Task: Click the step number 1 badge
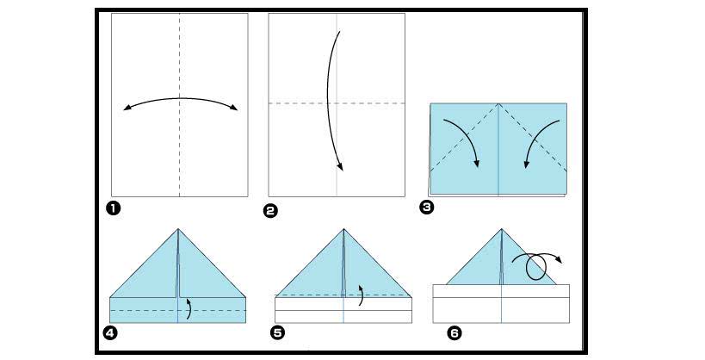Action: pyautogui.click(x=114, y=208)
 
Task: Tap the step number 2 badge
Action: pyautogui.click(x=270, y=211)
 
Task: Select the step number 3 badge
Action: pyautogui.click(x=426, y=208)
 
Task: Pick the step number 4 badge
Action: pyautogui.click(x=109, y=333)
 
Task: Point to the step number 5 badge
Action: pyautogui.click(x=277, y=333)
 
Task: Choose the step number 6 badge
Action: pyautogui.click(x=455, y=333)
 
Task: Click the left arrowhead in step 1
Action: pyautogui.click(x=127, y=108)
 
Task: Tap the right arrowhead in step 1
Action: pyautogui.click(x=233, y=108)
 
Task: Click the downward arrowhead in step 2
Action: pyautogui.click(x=340, y=166)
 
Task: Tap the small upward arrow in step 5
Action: pyautogui.click(x=361, y=295)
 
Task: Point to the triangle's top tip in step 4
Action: pyautogui.click(x=178, y=229)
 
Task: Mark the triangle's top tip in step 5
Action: pyautogui.click(x=344, y=229)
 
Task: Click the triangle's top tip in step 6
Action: pyautogui.click(x=501, y=229)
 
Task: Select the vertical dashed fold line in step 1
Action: pyautogui.click(x=179, y=105)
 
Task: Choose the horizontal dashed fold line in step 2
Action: pyautogui.click(x=337, y=103)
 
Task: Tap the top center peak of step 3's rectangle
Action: pyautogui.click(x=498, y=103)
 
